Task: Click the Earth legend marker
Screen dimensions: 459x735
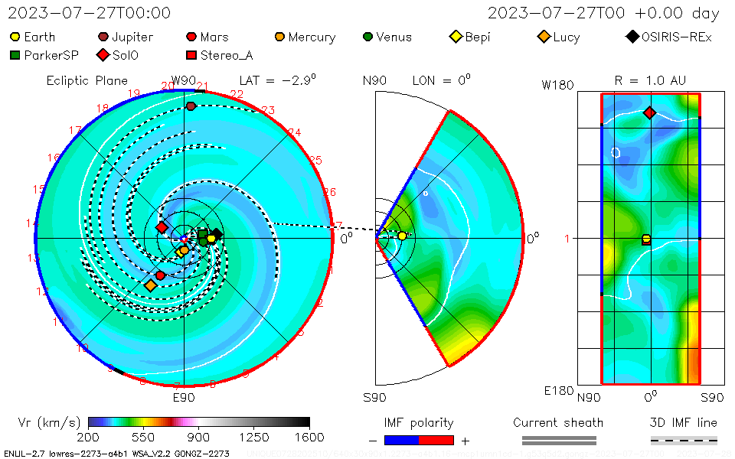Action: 15,37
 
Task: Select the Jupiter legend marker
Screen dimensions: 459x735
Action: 103,37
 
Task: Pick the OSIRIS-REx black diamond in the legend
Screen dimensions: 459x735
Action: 632,37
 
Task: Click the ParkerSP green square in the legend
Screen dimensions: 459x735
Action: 15,55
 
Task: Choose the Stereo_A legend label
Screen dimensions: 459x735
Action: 227,55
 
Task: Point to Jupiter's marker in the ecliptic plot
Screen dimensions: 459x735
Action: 191,106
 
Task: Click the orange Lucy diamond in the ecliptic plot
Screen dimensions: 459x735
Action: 150,285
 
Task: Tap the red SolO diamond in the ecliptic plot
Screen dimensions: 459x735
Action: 162,227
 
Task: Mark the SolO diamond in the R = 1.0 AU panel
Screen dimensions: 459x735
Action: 649,113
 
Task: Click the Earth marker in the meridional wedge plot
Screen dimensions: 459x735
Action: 402,236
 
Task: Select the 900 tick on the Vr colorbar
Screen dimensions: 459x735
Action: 199,438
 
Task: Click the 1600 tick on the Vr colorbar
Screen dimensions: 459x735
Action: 309,438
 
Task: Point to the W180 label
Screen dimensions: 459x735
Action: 557,85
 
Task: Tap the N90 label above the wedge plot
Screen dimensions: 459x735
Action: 375,80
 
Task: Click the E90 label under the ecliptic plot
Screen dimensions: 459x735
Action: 184,397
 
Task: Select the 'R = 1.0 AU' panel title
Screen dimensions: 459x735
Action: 650,80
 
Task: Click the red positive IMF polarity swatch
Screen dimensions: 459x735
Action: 436,440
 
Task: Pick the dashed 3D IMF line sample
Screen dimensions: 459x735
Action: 684,440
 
